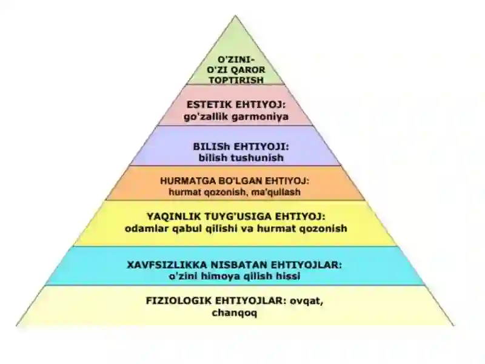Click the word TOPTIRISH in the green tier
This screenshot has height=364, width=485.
coord(236,80)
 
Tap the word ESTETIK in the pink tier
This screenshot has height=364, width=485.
coord(209,104)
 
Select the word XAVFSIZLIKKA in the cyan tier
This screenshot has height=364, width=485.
coord(167,265)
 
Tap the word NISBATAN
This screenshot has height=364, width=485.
coord(239,265)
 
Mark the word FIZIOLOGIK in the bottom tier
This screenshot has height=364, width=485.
coord(179,300)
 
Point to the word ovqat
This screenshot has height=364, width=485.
coord(306,301)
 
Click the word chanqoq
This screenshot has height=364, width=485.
coord(235,313)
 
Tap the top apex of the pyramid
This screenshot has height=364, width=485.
coord(235,16)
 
